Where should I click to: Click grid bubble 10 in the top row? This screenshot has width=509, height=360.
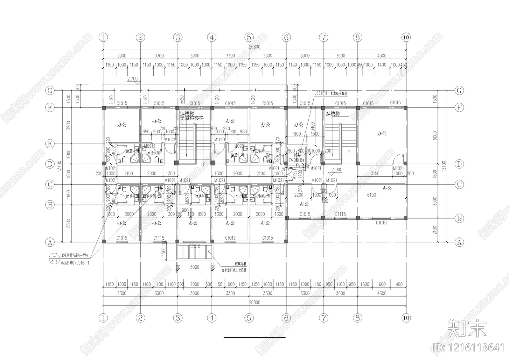(x=406, y=37)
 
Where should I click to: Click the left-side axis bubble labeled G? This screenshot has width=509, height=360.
(x=50, y=90)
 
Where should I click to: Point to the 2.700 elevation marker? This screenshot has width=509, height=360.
(x=132, y=79)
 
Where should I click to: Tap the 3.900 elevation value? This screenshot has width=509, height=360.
(x=337, y=170)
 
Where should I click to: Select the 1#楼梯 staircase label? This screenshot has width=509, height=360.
(x=187, y=114)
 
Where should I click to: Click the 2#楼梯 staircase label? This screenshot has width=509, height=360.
(x=332, y=114)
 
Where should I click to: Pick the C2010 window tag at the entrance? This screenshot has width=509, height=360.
(x=194, y=246)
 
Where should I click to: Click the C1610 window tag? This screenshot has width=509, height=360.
(x=381, y=223)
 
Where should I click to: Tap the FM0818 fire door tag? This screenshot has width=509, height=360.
(x=296, y=160)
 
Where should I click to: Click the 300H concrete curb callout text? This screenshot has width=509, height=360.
(x=331, y=94)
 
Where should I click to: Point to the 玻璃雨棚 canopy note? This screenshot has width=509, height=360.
(x=234, y=264)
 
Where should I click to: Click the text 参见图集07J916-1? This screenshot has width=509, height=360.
(x=75, y=263)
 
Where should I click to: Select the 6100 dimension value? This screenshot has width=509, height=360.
(x=371, y=195)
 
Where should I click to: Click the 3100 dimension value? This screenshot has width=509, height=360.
(x=375, y=173)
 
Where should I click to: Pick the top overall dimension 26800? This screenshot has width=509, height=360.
(x=254, y=47)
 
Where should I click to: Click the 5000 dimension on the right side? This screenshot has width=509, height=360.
(x=435, y=136)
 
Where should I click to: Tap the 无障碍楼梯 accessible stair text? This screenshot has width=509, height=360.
(x=192, y=118)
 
